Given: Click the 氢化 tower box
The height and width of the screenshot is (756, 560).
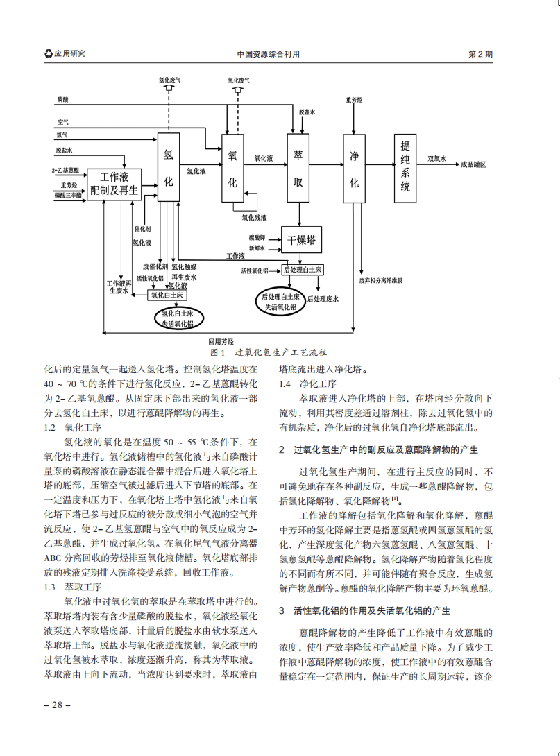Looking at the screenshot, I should point(169,166).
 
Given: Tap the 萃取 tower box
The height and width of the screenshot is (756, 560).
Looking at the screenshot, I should point(298,167).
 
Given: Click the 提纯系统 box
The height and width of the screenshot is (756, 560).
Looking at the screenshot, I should point(406,167).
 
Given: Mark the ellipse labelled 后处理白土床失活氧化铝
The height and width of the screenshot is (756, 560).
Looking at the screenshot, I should point(279,300).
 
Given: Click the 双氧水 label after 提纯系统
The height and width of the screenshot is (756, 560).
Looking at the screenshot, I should point(436,159).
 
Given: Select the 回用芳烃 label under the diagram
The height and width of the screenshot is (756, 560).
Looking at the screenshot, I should point(221,341).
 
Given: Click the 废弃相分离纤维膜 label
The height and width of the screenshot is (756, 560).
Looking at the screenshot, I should point(380,281).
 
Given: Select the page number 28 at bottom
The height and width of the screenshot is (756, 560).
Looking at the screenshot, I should point(57,705).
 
